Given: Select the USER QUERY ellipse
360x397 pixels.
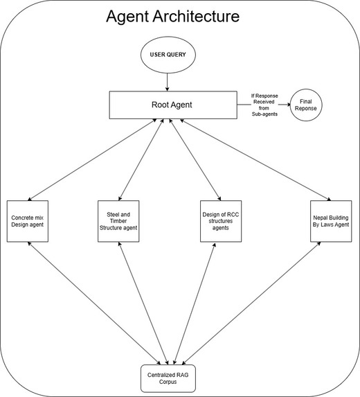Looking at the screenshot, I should coord(168,55).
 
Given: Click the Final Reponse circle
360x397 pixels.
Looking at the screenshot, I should coord(307,105).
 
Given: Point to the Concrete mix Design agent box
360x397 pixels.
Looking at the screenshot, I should coord(28,222).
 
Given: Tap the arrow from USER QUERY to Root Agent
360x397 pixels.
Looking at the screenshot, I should coord(168,80).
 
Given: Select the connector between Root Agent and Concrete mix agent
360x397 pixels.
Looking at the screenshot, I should coord(93,160).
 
